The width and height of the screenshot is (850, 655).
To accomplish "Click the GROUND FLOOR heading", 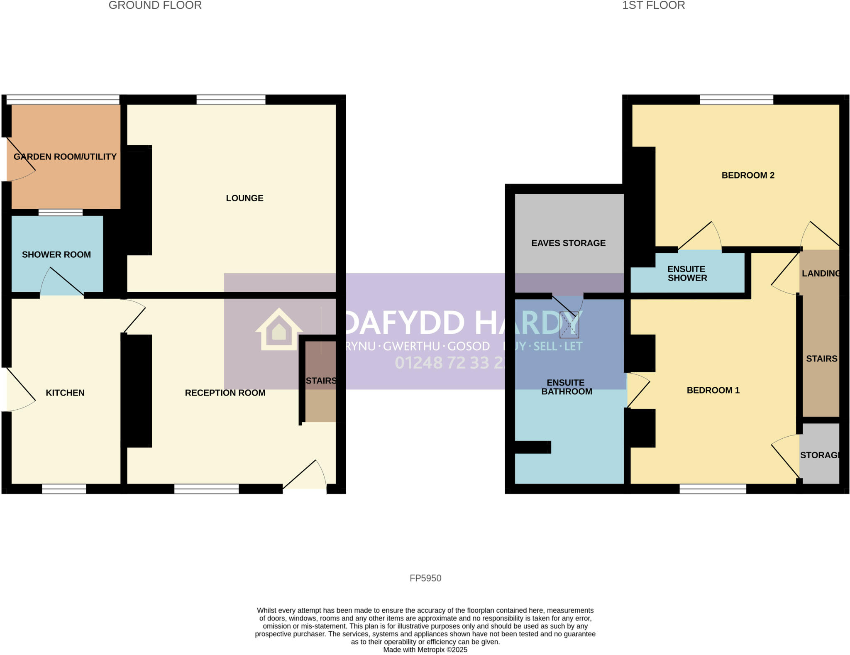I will click(155, 5).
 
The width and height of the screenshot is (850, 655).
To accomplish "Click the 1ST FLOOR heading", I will click(653, 5).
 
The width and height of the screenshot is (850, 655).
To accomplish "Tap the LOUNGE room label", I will click(244, 198).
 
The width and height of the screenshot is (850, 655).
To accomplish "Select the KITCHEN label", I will click(65, 393).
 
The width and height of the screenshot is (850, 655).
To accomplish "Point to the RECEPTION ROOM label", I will click(225, 393).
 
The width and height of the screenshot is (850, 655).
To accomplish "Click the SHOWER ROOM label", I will click(56, 254).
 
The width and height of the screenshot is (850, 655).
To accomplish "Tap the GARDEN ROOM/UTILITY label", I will click(65, 156).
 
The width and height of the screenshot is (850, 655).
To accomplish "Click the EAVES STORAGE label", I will click(568, 243).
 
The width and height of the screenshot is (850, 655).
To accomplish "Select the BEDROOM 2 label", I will click(748, 175).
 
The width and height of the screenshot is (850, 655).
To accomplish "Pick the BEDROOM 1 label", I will click(713, 390).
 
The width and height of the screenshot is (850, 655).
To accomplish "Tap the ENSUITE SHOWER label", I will click(687, 274).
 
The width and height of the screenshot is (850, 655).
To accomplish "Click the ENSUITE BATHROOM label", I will click(567, 387).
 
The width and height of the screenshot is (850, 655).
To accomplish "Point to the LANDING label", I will click(820, 273).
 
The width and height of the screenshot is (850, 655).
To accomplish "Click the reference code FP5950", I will click(425, 578).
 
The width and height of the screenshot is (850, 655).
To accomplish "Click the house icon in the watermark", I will click(279, 330).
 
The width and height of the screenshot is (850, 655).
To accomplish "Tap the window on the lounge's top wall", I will click(231, 100).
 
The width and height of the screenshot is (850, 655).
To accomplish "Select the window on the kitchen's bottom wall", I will click(64, 489).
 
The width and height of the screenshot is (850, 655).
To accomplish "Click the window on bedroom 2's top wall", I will click(736, 100).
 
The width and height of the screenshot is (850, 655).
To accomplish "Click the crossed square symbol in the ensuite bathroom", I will click(569, 325).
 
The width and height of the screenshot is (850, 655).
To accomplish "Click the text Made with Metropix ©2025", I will click(425, 650).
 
